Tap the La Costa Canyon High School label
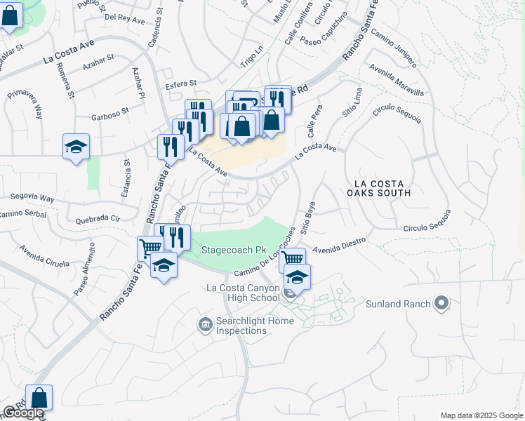click(243, 293)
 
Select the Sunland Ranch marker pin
click(441, 304)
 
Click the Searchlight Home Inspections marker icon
click(205, 323)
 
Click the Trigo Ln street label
click(251, 62)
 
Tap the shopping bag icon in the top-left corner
click(10, 16)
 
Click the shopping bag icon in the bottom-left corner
click(39, 398)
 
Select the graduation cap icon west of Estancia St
click(76, 147)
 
